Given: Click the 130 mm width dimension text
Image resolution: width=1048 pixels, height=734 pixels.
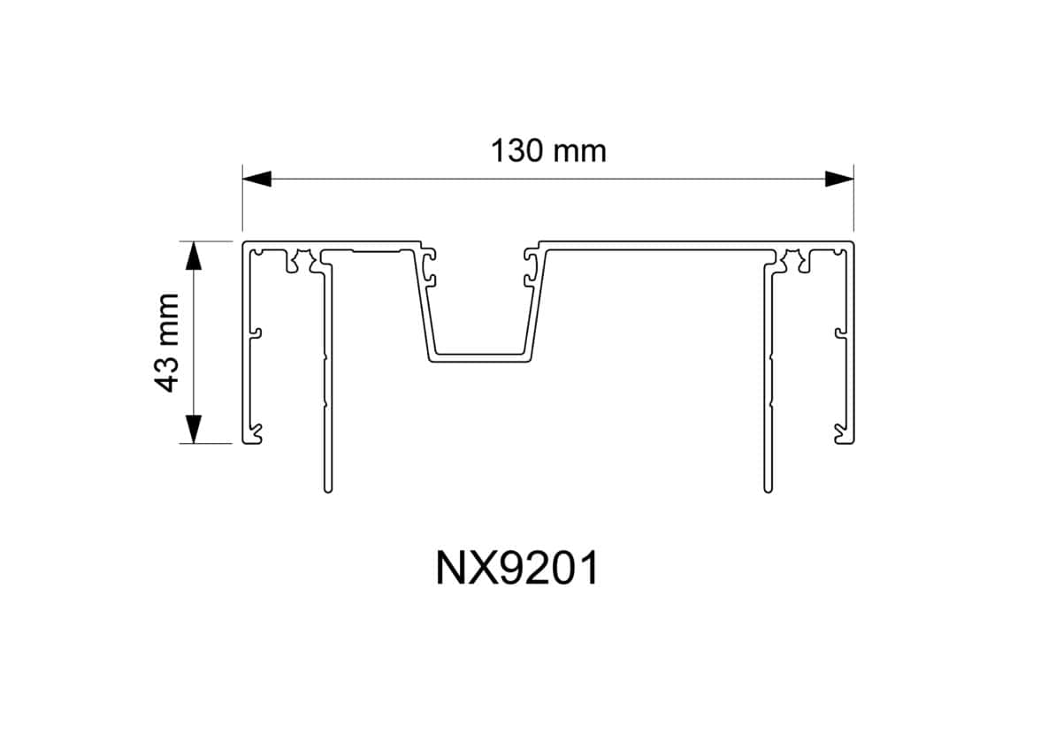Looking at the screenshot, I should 548,151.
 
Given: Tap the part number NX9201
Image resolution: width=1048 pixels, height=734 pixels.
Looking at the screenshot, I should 517,570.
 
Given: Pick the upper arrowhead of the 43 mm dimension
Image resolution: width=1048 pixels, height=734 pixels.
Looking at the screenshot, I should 194,255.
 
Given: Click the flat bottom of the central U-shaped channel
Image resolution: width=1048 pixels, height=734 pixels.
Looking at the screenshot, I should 482,357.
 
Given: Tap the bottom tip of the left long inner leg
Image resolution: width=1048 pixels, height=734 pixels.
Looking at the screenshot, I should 327,488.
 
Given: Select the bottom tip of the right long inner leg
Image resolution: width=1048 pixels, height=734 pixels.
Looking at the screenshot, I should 767,488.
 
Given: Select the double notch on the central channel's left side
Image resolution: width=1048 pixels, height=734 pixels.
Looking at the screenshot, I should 431,266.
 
